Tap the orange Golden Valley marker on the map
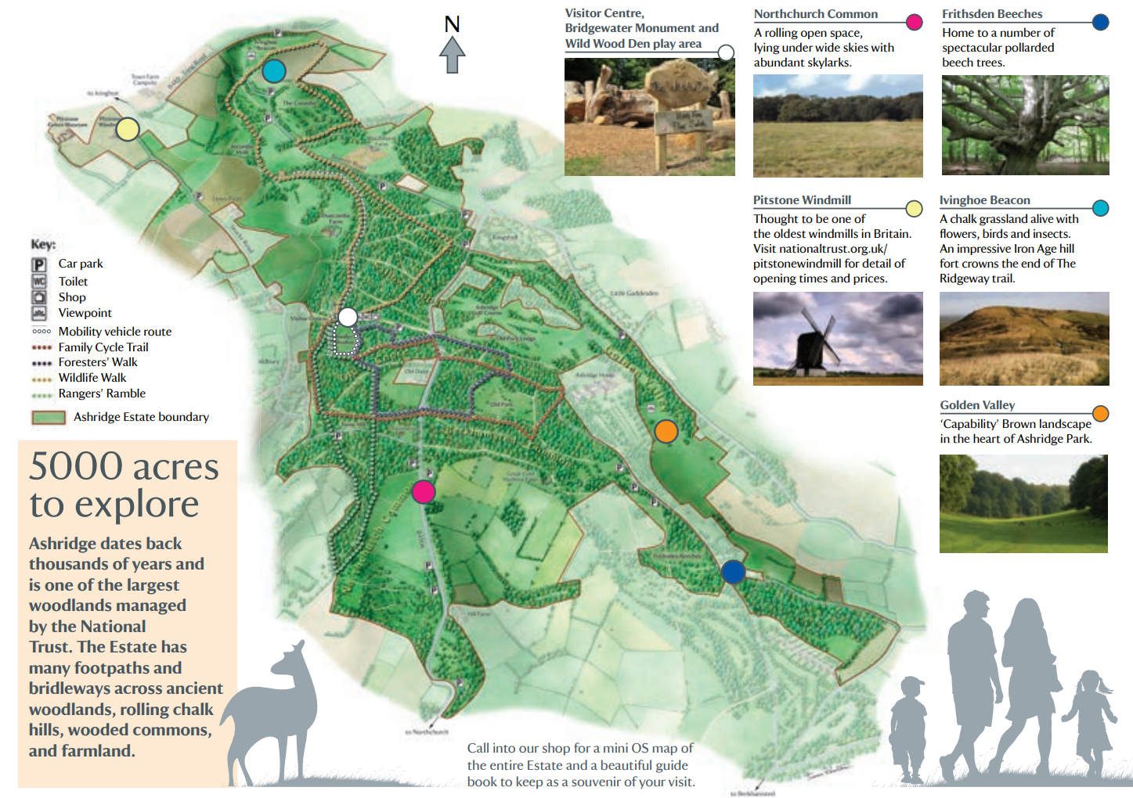pos(666,431)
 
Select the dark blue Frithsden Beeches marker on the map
pos(733,572)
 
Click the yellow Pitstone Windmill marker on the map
pos(128,129)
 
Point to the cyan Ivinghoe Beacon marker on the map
pos(273,71)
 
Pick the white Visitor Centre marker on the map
pos(348,317)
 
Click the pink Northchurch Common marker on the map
pos(423,491)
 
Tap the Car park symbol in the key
pos(39,264)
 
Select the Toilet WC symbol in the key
pos(39,281)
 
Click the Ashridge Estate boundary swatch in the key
pos(48,418)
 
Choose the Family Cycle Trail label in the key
pos(103,347)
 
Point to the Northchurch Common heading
pos(815,14)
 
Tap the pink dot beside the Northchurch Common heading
pos(914,22)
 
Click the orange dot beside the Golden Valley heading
pos(1100,413)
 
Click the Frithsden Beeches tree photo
pos(1025,125)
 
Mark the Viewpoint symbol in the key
pos(39,313)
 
